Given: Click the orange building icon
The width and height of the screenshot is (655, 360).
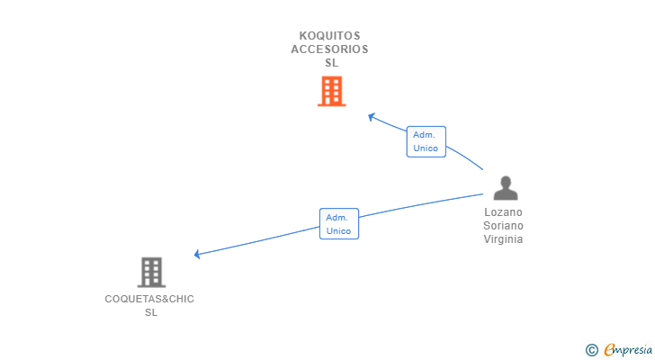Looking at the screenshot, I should [331, 91].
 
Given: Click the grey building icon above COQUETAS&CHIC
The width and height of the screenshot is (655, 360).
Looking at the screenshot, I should [151, 272].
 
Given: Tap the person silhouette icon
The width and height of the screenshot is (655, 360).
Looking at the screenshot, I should [506, 188].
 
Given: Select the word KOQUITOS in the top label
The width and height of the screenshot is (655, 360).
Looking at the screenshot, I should [329, 36].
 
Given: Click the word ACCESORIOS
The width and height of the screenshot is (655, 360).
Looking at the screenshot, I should [329, 49].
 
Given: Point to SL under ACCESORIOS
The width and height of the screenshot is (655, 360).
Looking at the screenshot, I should [331, 63].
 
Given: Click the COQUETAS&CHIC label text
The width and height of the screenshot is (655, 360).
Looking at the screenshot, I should [149, 299].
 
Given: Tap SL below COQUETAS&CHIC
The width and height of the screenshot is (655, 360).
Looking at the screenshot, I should [151, 312].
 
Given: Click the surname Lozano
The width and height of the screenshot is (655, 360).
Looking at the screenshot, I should [503, 212].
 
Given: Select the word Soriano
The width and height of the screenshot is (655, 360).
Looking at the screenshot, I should [503, 226].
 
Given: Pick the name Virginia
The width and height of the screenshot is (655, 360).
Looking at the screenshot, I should [503, 239].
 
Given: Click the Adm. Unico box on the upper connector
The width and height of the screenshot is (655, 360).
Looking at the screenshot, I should [426, 141].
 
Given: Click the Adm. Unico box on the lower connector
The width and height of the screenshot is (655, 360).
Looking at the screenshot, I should [338, 224].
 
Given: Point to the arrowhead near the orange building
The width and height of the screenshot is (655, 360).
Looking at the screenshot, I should [371, 116].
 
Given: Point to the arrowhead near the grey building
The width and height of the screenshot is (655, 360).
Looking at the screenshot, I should [198, 255].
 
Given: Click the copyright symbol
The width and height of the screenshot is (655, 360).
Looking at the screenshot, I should [591, 350].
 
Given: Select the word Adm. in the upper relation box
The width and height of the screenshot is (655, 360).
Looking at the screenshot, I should [425, 135].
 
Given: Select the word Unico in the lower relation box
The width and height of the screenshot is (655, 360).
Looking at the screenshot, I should [338, 231].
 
